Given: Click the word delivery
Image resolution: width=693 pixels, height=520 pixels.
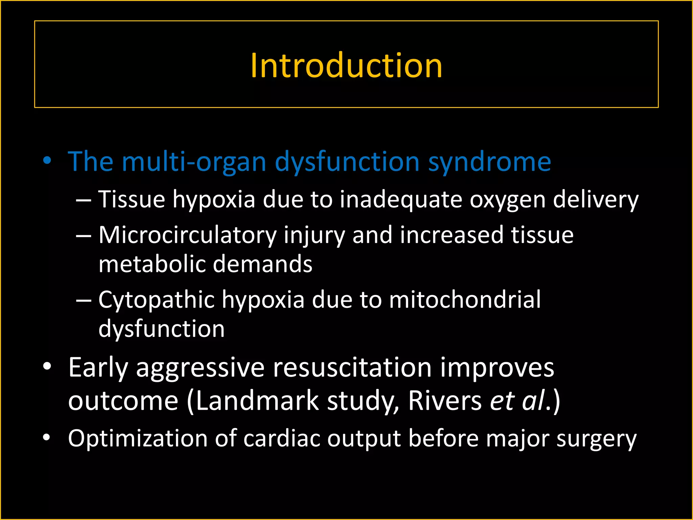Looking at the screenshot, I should pyautogui.click(x=596, y=200).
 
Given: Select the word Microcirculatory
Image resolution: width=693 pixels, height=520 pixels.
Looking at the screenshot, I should pyautogui.click(x=187, y=235).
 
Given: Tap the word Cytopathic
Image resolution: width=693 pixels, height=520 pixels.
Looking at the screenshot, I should pyautogui.click(x=156, y=301).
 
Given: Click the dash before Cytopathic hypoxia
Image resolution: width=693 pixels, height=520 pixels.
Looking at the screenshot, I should pyautogui.click(x=84, y=300).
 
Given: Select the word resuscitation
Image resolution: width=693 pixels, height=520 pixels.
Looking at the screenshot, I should pyautogui.click(x=352, y=368).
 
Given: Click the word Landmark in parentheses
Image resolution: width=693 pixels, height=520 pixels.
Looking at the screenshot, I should pyautogui.click(x=257, y=401).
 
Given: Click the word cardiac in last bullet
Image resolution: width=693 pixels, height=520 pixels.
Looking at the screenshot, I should pyautogui.click(x=282, y=438).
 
